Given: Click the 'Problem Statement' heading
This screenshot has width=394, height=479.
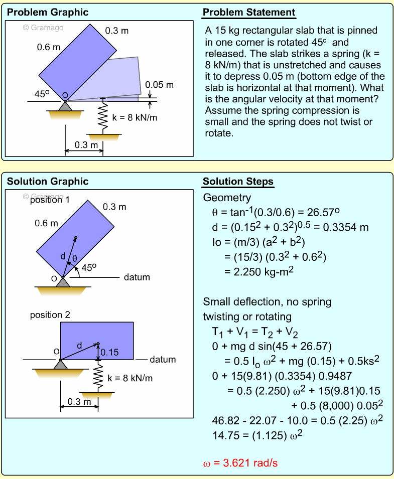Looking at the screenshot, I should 249,13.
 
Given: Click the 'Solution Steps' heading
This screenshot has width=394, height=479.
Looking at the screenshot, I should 238,182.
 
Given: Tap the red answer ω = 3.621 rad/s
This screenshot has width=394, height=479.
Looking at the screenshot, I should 240,463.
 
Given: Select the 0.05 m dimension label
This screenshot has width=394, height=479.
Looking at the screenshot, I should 159,85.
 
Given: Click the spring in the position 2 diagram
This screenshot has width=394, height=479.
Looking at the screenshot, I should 98,377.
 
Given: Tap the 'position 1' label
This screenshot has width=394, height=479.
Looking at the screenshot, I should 50,200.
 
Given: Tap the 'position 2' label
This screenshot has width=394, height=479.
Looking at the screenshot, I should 50,315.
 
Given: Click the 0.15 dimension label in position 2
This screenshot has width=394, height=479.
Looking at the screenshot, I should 109,352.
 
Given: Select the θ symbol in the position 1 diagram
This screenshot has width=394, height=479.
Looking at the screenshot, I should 75,259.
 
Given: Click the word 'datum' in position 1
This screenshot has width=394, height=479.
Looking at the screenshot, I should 137,277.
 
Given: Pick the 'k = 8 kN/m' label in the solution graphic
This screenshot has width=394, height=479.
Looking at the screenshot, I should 130,378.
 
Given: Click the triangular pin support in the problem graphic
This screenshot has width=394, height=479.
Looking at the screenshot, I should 65,106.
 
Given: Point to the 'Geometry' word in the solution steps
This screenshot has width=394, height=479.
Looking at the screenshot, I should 227,197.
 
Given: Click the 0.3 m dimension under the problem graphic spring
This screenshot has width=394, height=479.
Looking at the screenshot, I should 84,145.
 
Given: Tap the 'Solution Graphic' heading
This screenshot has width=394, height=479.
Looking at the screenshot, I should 48,182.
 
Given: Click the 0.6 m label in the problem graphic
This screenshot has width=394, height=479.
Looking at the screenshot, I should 49,48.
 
